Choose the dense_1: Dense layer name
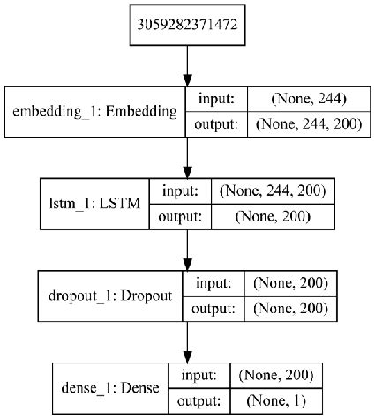(101, 388)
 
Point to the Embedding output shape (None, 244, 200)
(309, 125)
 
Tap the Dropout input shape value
(289, 284)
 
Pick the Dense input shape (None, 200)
(273, 376)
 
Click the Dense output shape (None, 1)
(273, 400)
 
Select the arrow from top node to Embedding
(186, 66)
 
